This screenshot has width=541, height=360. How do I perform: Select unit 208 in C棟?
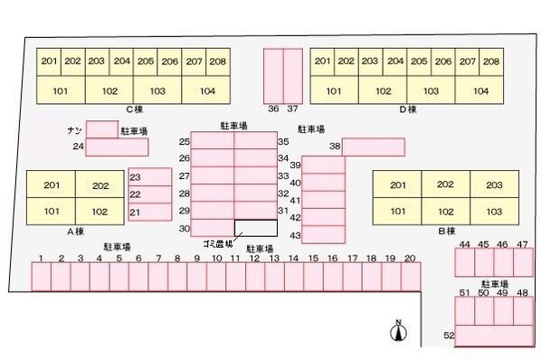[x=217, y=62]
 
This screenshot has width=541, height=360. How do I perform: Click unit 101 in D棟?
[x=334, y=91]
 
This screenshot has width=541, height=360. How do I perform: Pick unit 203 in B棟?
[x=493, y=185]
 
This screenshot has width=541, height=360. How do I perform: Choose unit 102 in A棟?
[x=100, y=212]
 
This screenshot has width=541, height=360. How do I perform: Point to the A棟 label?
[x=76, y=231]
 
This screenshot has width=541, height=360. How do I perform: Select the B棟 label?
[x=446, y=231]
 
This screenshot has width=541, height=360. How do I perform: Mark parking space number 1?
[x=42, y=277]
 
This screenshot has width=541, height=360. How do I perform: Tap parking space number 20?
[x=409, y=277]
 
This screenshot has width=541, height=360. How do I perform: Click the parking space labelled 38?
[x=373, y=147]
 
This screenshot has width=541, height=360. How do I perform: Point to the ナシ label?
[x=74, y=130]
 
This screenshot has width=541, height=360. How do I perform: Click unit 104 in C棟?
[x=204, y=91]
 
